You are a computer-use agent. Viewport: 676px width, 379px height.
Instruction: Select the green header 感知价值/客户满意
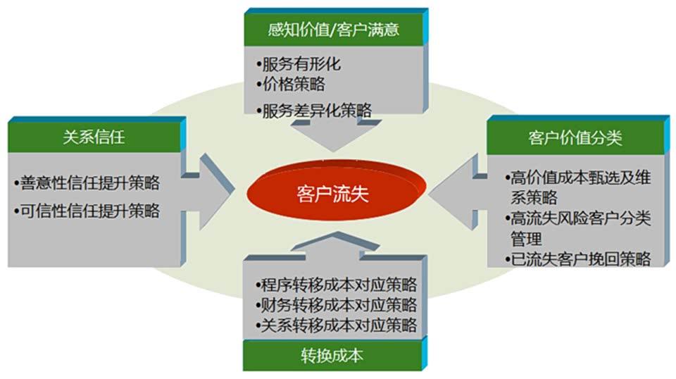tap(334, 30)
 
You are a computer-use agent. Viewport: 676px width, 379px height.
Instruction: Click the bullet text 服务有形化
tap(301, 65)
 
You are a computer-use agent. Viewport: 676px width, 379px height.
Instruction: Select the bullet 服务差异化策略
tap(315, 110)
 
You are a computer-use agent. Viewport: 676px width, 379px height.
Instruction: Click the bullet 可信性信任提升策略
tap(88, 210)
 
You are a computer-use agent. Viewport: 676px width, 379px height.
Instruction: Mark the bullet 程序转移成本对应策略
tap(337, 285)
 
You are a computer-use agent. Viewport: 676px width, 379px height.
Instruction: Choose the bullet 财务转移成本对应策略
tap(337, 305)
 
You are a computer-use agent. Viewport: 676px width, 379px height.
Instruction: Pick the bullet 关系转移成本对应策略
tap(337, 325)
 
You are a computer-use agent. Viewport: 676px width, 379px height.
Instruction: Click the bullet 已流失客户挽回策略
tap(578, 258)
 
